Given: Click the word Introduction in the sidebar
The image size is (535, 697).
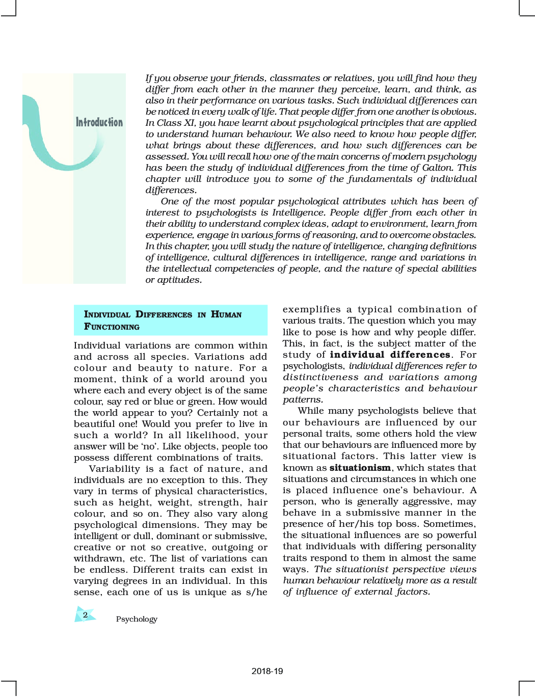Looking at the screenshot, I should coord(99,122).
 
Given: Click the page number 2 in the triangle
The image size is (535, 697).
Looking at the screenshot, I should coord(85,615).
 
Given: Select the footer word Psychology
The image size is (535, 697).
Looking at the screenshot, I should coord(137,619).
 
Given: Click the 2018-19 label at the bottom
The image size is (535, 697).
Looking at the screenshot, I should coord(267,671).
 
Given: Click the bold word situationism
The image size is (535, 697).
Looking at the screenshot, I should coord(360,468).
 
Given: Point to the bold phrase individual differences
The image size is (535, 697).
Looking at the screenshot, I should coord(390,355).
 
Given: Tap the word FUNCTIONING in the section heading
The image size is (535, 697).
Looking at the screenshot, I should coord(112,327).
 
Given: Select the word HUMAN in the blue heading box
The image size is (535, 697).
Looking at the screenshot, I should coord(226,314).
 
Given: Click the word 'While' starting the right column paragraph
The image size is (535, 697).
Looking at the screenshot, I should coord(310,411).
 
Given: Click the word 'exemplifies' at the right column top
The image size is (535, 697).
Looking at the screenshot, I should coord(311,309).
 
